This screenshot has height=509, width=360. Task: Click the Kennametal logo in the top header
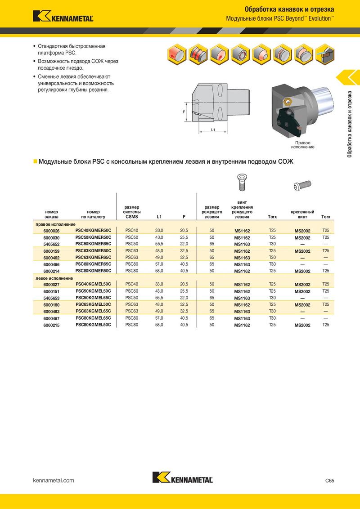tap(63, 16)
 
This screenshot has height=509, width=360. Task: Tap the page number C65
tap(329, 481)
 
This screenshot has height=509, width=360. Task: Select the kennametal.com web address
tap(54, 481)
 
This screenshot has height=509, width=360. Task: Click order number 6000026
tap(51, 231)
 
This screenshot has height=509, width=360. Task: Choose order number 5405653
tap(51, 298)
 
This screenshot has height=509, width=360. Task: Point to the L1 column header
tap(159, 217)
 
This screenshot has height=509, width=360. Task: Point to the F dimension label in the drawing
tap(184, 111)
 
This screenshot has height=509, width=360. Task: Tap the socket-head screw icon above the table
tap(302, 184)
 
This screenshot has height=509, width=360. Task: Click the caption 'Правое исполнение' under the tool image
tap(302, 145)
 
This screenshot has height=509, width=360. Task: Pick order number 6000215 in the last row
tap(51, 325)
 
